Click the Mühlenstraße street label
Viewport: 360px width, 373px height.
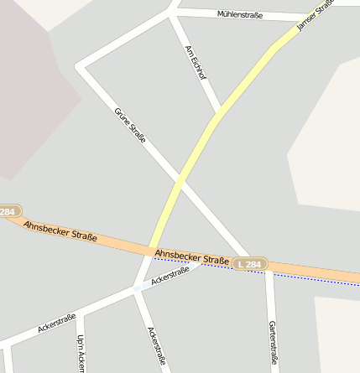coord(240,14)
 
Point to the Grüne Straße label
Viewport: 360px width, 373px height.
coord(130,125)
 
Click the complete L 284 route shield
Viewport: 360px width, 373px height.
coord(249,264)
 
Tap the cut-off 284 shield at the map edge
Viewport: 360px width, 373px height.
coord(8,212)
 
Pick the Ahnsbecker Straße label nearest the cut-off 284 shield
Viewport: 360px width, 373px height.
coord(60,232)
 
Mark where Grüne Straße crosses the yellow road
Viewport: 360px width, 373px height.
coord(180,179)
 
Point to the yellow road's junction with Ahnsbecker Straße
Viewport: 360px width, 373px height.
coord(151,249)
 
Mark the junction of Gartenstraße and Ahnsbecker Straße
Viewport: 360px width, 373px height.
coord(269,267)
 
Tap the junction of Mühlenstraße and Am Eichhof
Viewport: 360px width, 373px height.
coord(174,11)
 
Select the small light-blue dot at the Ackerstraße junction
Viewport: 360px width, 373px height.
coord(137,288)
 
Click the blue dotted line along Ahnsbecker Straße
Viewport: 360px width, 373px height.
coord(302,277)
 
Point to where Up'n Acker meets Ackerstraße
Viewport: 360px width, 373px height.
coord(81,313)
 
